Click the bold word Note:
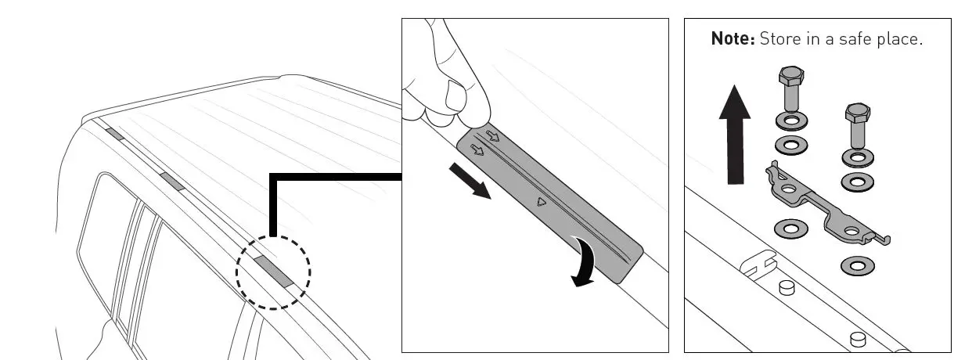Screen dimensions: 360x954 pos(732,38)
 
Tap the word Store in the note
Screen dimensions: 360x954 pos(780,38)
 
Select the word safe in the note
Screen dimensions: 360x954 pos(858,38)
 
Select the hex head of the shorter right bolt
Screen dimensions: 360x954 pos(857,113)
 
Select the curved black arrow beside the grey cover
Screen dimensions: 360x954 pos(587,264)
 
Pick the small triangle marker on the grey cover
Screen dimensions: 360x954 pos(541,202)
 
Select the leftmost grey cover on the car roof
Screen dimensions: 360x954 pos(114,134)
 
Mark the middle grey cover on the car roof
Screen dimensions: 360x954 pos(171,181)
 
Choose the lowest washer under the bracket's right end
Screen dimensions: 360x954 pos(858,266)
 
